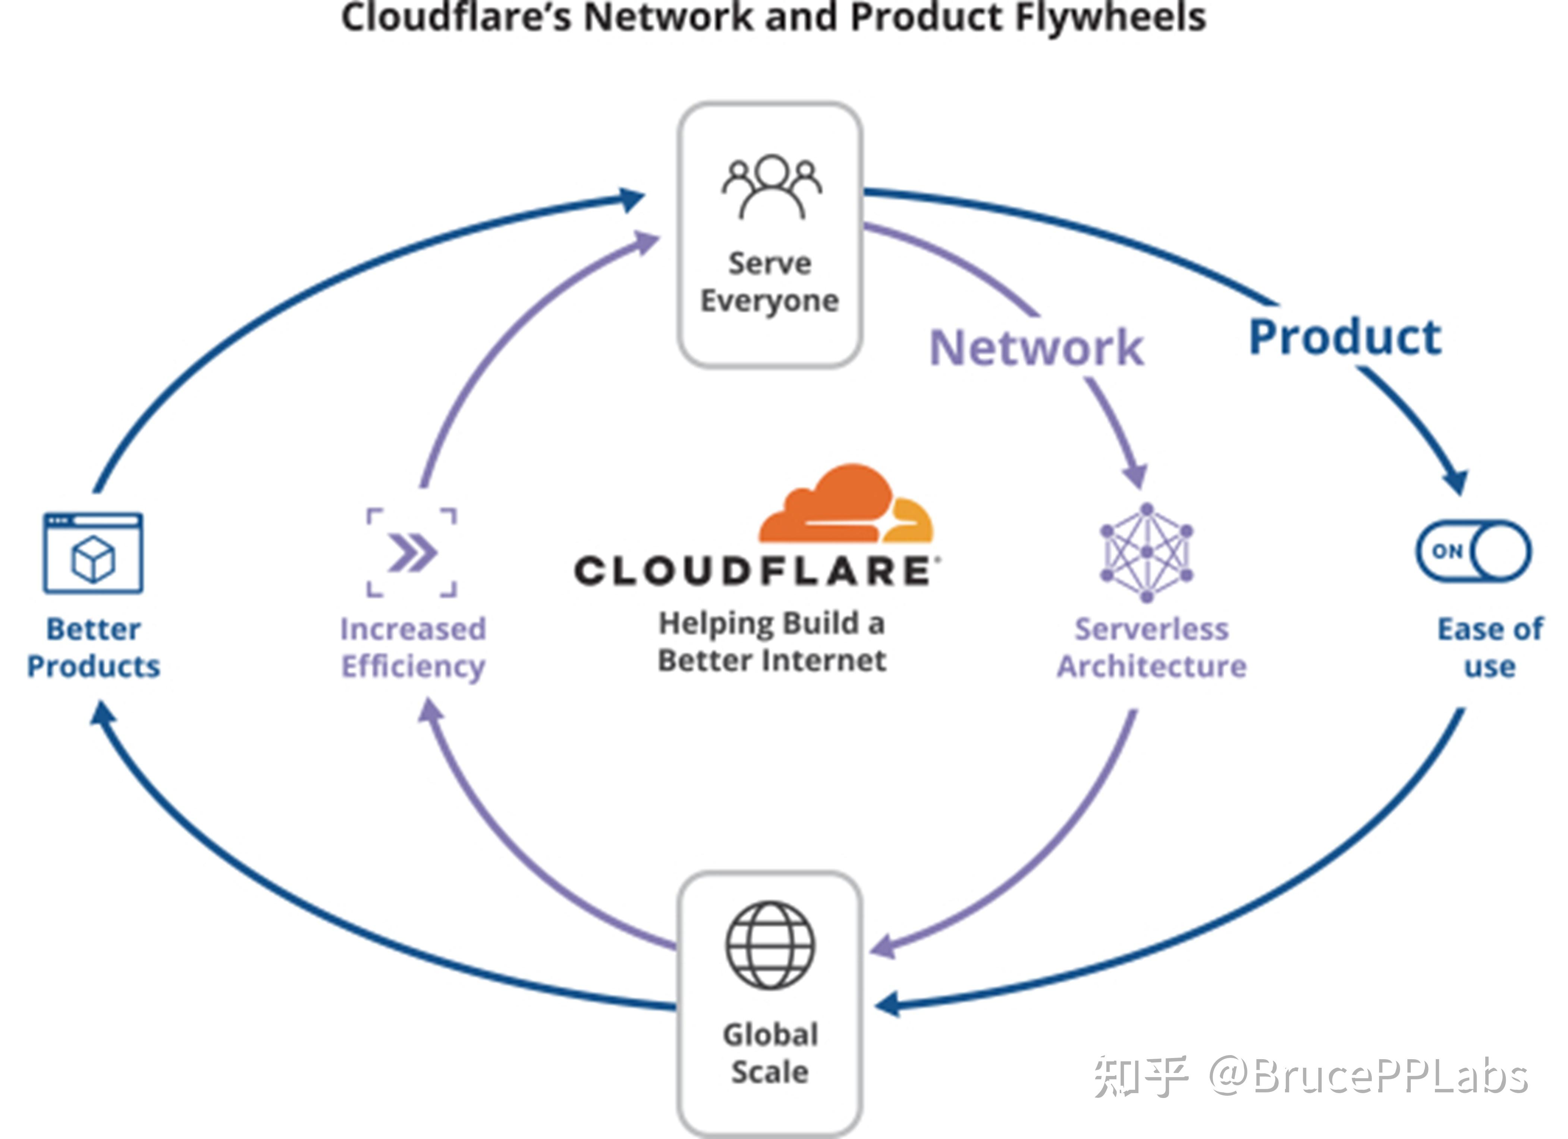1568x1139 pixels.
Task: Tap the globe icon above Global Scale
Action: point(770,945)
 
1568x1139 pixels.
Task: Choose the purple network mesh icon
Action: point(1146,552)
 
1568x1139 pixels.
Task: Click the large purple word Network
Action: point(1036,347)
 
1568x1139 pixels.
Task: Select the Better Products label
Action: point(93,648)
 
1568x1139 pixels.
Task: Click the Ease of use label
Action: point(1490,648)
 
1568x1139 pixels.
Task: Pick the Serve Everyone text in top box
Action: point(770,282)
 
